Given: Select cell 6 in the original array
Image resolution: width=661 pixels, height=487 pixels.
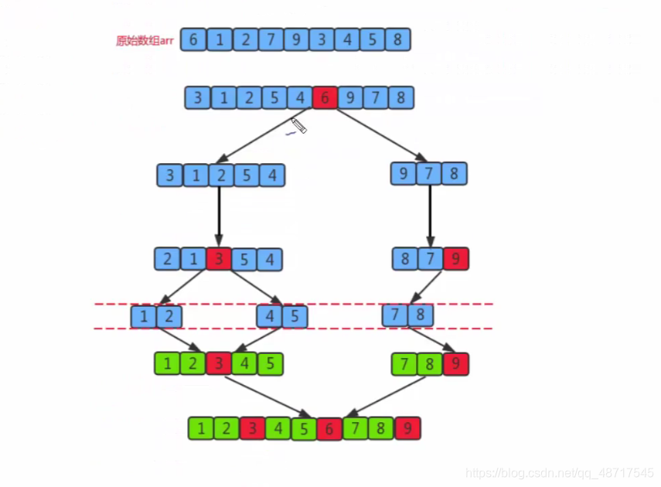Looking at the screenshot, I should [193, 39].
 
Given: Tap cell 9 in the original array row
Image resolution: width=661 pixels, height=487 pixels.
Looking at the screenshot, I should [295, 39].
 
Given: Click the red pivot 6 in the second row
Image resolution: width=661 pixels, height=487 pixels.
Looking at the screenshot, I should [325, 98].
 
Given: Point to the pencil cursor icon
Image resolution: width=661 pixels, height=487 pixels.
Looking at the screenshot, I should [298, 125].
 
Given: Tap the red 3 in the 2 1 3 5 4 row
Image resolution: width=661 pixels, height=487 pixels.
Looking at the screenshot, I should [219, 259].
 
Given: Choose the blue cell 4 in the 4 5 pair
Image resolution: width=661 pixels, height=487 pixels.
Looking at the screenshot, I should [270, 315].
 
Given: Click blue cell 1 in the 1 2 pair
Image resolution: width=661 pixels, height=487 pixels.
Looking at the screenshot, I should [144, 315].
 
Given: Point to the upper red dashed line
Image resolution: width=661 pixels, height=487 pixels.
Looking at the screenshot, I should [294, 304].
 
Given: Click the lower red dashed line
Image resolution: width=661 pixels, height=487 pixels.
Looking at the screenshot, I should [294, 329].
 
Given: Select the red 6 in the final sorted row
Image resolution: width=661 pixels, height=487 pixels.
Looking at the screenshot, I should [329, 428].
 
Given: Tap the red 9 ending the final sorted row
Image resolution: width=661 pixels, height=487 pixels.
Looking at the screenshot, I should [407, 428].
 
